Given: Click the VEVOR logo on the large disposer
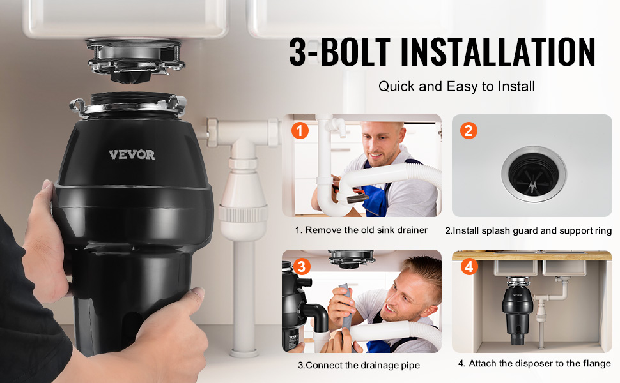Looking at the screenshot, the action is point(132,154).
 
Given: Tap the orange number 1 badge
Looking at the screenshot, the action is point(300,130).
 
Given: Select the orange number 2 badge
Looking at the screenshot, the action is point(469,131).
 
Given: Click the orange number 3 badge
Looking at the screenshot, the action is point(301,267).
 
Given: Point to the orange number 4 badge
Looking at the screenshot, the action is point(469,267).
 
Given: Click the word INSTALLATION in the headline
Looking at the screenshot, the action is point(498,52).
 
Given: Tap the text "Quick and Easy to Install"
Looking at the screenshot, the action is point(456,86).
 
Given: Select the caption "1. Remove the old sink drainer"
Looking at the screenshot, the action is point(361,230).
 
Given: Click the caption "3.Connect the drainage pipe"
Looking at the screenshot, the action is point(359,366).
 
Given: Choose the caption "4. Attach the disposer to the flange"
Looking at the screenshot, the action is point(534,363).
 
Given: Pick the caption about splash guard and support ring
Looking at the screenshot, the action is point(528,230).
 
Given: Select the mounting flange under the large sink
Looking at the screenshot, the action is point(136,59).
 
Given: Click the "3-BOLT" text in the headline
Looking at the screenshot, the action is point(339,52).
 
